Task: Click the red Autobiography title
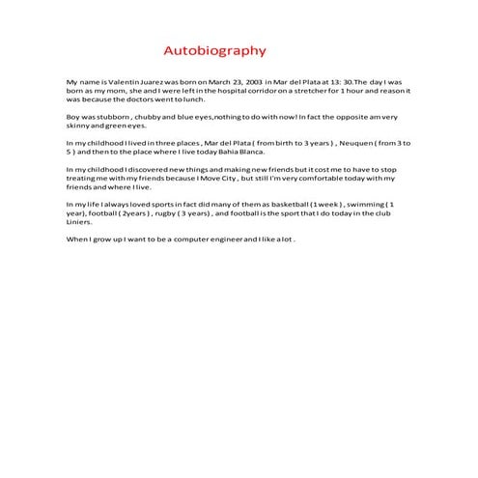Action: point(213,50)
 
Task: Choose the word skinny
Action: point(78,125)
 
